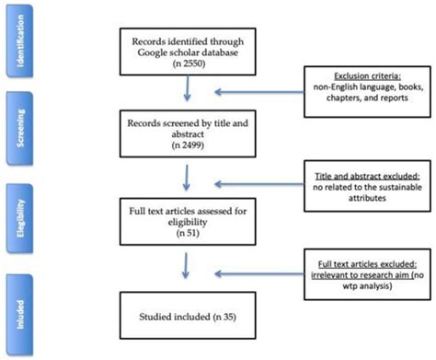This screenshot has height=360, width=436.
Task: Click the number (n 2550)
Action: [189, 67]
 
